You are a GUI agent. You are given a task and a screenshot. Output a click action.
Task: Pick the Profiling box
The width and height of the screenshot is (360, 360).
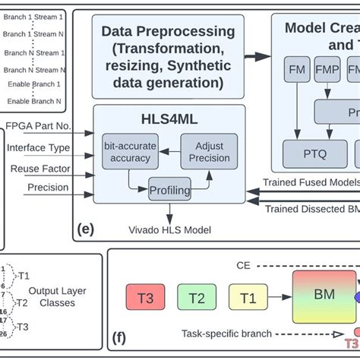pyautogui.click(x=169, y=188)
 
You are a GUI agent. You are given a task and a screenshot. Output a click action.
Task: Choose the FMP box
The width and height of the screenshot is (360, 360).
pyautogui.click(x=327, y=71)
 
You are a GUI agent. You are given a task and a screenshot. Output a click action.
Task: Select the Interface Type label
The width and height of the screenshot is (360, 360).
pyautogui.click(x=38, y=147)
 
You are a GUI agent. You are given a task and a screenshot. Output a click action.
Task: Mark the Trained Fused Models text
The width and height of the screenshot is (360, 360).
pyautogui.click(x=311, y=182)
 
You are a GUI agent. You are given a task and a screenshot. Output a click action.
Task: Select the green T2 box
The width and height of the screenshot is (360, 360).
pyautogui.click(x=196, y=297)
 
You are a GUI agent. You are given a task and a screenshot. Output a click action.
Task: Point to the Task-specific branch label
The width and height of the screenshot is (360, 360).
pyautogui.click(x=226, y=333)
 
